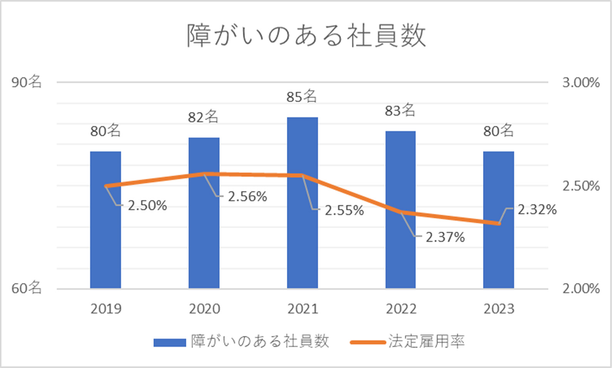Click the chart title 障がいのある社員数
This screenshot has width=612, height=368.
click(x=306, y=36)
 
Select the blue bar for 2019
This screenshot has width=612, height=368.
click(x=106, y=220)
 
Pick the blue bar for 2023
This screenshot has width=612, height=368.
click(x=498, y=220)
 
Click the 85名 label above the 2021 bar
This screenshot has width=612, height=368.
click(x=302, y=96)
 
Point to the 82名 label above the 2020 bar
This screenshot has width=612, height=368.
click(x=203, y=117)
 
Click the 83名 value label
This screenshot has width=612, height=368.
click(x=400, y=111)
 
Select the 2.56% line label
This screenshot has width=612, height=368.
click(x=247, y=197)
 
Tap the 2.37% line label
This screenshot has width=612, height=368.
click(x=445, y=237)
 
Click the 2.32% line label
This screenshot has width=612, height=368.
click(x=537, y=210)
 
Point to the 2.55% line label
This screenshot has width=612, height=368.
click(x=344, y=210)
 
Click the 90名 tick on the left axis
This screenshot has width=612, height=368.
click(x=26, y=82)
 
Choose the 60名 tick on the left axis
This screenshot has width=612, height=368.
click(x=26, y=288)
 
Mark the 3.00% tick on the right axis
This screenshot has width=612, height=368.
click(x=581, y=82)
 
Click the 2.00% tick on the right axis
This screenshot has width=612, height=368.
click(x=581, y=288)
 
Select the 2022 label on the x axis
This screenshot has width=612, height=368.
click(x=401, y=309)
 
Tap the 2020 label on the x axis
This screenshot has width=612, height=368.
click(x=204, y=309)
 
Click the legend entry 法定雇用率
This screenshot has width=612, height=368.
click(x=426, y=341)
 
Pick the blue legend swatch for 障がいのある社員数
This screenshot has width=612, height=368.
click(x=169, y=342)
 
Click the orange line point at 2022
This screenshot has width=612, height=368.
click(x=401, y=212)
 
